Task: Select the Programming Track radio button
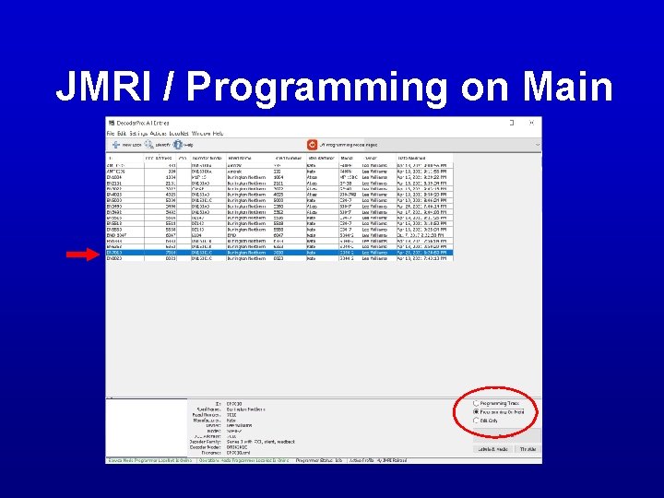tap(477, 403)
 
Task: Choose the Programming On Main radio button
tap(477, 411)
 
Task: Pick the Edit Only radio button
tap(477, 421)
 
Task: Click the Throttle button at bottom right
tap(527, 448)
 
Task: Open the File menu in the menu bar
tap(111, 134)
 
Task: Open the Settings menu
tap(136, 134)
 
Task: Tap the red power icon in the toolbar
tap(312, 145)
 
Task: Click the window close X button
tap(535, 123)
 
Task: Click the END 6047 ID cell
tap(117, 235)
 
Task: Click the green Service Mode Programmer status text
tap(148, 458)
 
